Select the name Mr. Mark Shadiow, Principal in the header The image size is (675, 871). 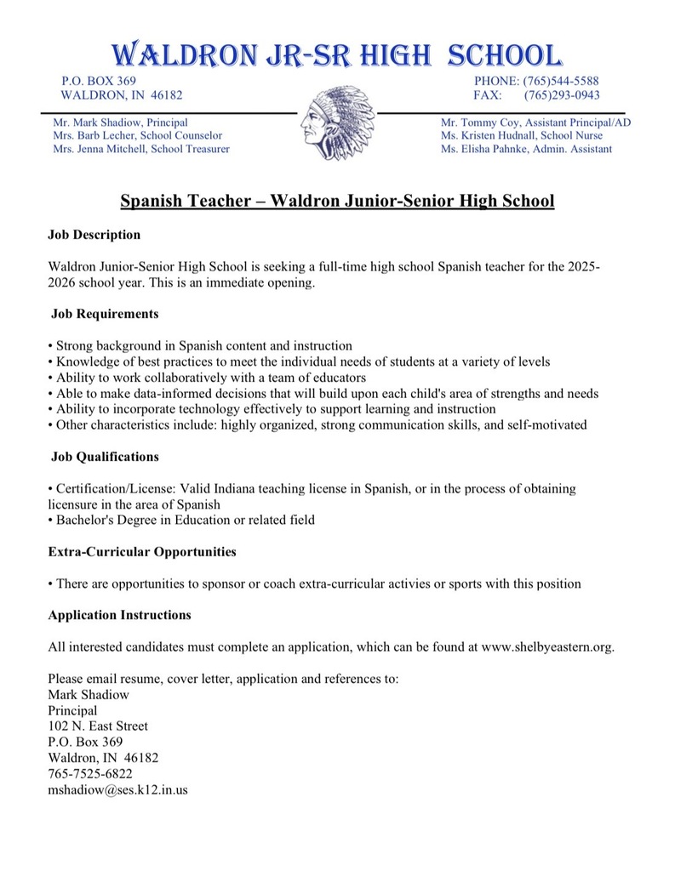[120, 122]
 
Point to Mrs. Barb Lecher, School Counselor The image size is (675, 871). [137, 135]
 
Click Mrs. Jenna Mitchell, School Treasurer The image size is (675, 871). [140, 149]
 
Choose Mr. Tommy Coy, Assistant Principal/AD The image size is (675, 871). [535, 122]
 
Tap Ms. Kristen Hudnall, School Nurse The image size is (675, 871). [521, 135]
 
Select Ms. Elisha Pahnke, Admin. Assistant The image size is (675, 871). [526, 149]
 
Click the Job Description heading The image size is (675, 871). [94, 234]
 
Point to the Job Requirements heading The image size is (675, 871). [105, 314]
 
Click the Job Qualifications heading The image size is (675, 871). [105, 457]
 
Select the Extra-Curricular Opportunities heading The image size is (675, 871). [142, 552]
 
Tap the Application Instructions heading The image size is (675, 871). [119, 615]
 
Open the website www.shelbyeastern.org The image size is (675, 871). [546, 647]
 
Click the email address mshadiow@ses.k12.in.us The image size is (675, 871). [118, 789]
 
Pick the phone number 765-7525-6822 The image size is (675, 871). [90, 773]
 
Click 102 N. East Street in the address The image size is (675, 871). [98, 726]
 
